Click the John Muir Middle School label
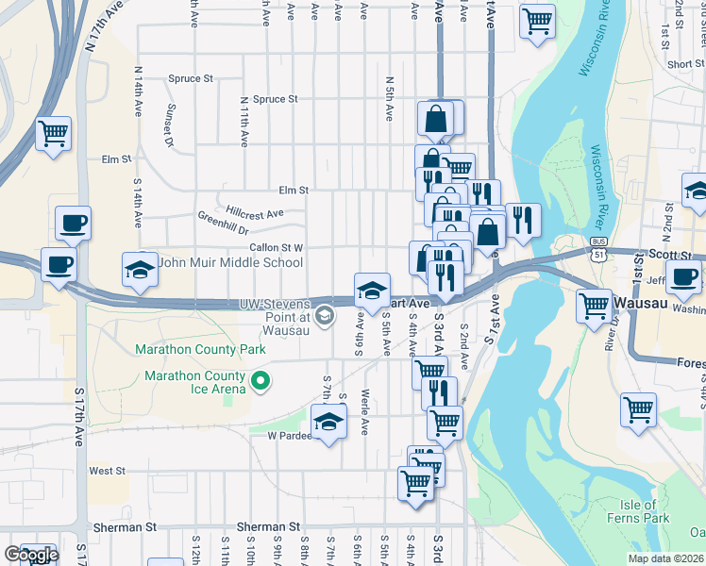tap(230, 263)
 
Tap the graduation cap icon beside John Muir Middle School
tap(140, 270)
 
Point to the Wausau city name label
tap(642, 304)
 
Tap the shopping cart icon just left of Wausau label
tap(594, 306)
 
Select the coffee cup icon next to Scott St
tap(684, 276)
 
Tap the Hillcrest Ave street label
tap(255, 213)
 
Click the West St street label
tap(107, 471)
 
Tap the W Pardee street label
tap(289, 436)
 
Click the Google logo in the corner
tap(31, 555)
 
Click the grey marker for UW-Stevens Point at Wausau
tap(326, 314)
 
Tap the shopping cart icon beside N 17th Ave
tap(53, 133)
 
